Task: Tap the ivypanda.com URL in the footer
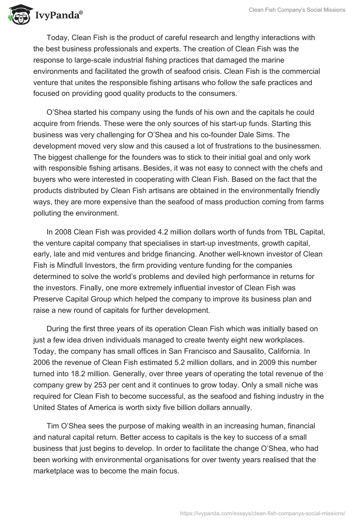[x=262, y=513]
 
